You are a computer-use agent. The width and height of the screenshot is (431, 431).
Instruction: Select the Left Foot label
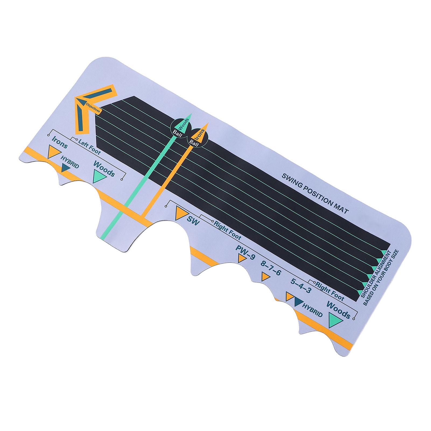[89, 147]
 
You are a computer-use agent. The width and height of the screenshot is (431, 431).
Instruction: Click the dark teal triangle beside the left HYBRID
[65, 169]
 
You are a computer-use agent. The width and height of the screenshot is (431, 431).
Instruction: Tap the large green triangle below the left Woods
[99, 176]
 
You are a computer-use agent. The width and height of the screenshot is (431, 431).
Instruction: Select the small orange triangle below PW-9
[241, 259]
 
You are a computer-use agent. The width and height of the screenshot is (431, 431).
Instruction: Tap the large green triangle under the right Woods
[335, 320]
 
